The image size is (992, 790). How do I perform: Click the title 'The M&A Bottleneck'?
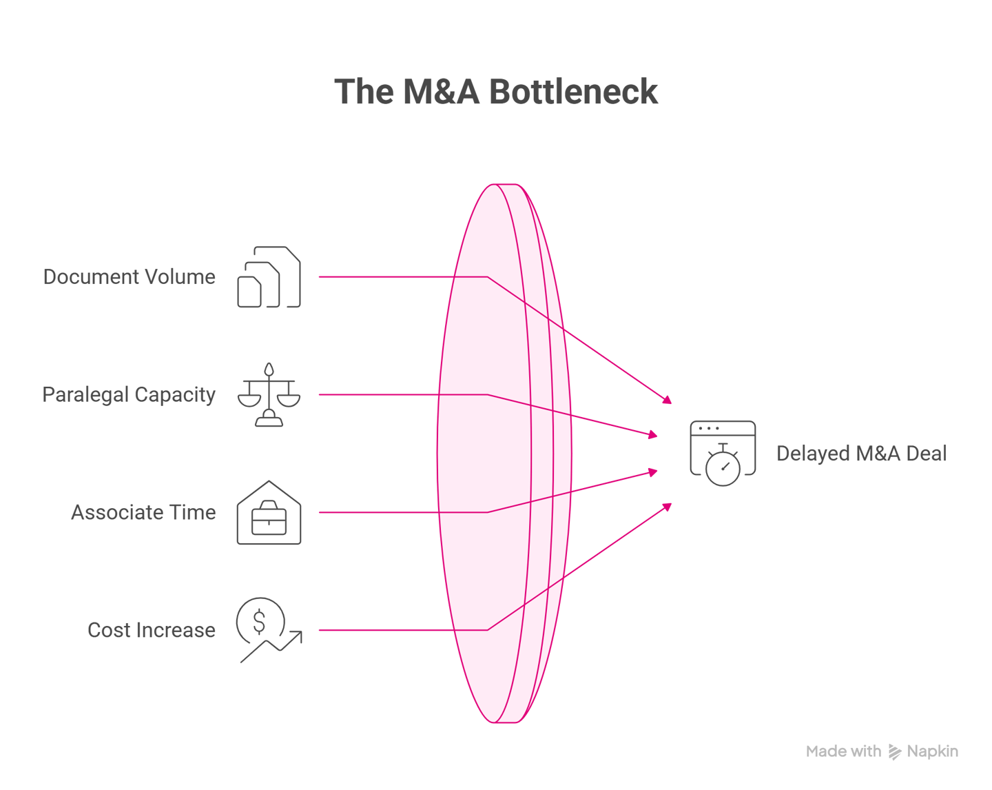point(496,92)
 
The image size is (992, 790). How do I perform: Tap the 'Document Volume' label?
point(130,277)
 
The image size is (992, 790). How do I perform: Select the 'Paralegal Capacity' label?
point(129,395)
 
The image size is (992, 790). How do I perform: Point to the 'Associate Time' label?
point(143,513)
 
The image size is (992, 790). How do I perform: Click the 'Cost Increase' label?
point(152,630)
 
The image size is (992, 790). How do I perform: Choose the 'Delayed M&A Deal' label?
point(861,454)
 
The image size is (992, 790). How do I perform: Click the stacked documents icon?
point(269,277)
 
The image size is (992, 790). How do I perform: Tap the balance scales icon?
point(269,395)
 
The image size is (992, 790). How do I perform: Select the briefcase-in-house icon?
point(269,513)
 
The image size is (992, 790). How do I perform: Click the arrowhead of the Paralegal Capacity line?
point(653,435)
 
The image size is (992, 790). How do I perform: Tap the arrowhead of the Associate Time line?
point(653,472)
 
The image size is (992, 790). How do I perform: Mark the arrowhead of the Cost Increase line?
point(668,507)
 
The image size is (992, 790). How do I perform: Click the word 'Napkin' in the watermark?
point(932,751)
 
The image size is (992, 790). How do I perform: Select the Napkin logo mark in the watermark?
point(894,752)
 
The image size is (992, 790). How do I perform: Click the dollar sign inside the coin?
point(259,622)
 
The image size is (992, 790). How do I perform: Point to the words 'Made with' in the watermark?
point(843,751)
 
